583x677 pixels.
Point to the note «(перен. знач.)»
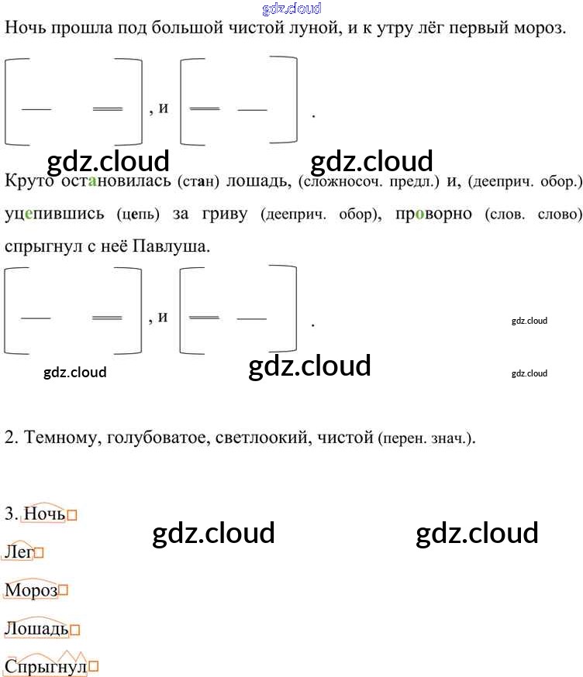tap(426, 439)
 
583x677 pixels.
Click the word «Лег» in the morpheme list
tap(19, 552)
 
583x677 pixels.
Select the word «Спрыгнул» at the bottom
tap(46, 667)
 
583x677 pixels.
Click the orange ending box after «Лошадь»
tap(75, 630)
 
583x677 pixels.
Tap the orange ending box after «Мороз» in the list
tap(64, 591)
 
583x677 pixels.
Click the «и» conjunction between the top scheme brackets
tap(163, 108)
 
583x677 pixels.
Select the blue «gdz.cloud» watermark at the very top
tap(291, 9)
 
